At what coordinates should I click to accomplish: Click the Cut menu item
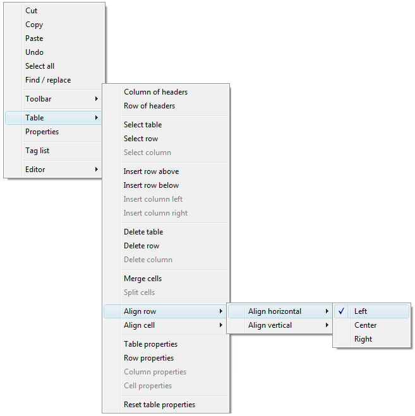click(x=31, y=11)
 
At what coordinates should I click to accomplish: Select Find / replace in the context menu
click(x=48, y=80)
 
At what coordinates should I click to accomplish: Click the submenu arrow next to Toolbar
click(x=97, y=99)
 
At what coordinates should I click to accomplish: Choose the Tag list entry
click(x=37, y=151)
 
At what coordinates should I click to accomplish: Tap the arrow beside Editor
click(x=97, y=170)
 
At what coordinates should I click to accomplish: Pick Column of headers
click(x=155, y=92)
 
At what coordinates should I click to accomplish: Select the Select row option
click(x=141, y=139)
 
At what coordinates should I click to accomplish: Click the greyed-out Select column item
click(x=147, y=153)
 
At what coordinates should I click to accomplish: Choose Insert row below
click(x=151, y=185)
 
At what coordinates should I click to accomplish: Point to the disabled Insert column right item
click(x=155, y=213)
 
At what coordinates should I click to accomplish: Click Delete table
click(x=143, y=232)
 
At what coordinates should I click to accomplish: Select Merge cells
click(x=143, y=279)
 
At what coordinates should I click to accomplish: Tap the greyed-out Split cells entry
click(x=139, y=292)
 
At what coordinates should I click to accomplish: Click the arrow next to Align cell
click(x=221, y=325)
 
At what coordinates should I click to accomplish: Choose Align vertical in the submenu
click(x=270, y=325)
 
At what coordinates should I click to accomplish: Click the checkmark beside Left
click(x=341, y=311)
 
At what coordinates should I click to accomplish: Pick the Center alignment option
click(x=365, y=325)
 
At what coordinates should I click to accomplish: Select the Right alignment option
click(x=363, y=339)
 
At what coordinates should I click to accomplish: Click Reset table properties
click(x=159, y=405)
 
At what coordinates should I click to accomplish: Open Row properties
click(x=148, y=358)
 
